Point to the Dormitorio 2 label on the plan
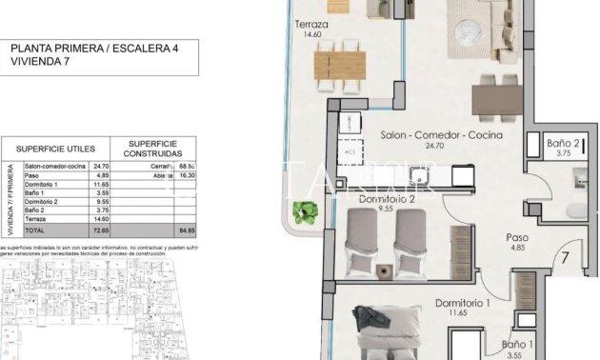pos(388,199)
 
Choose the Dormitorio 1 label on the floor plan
pos(462,303)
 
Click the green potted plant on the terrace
pos(305,211)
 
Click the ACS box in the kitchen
pos(349,150)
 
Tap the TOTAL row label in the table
pos(34,230)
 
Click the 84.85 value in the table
pos(187,230)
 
